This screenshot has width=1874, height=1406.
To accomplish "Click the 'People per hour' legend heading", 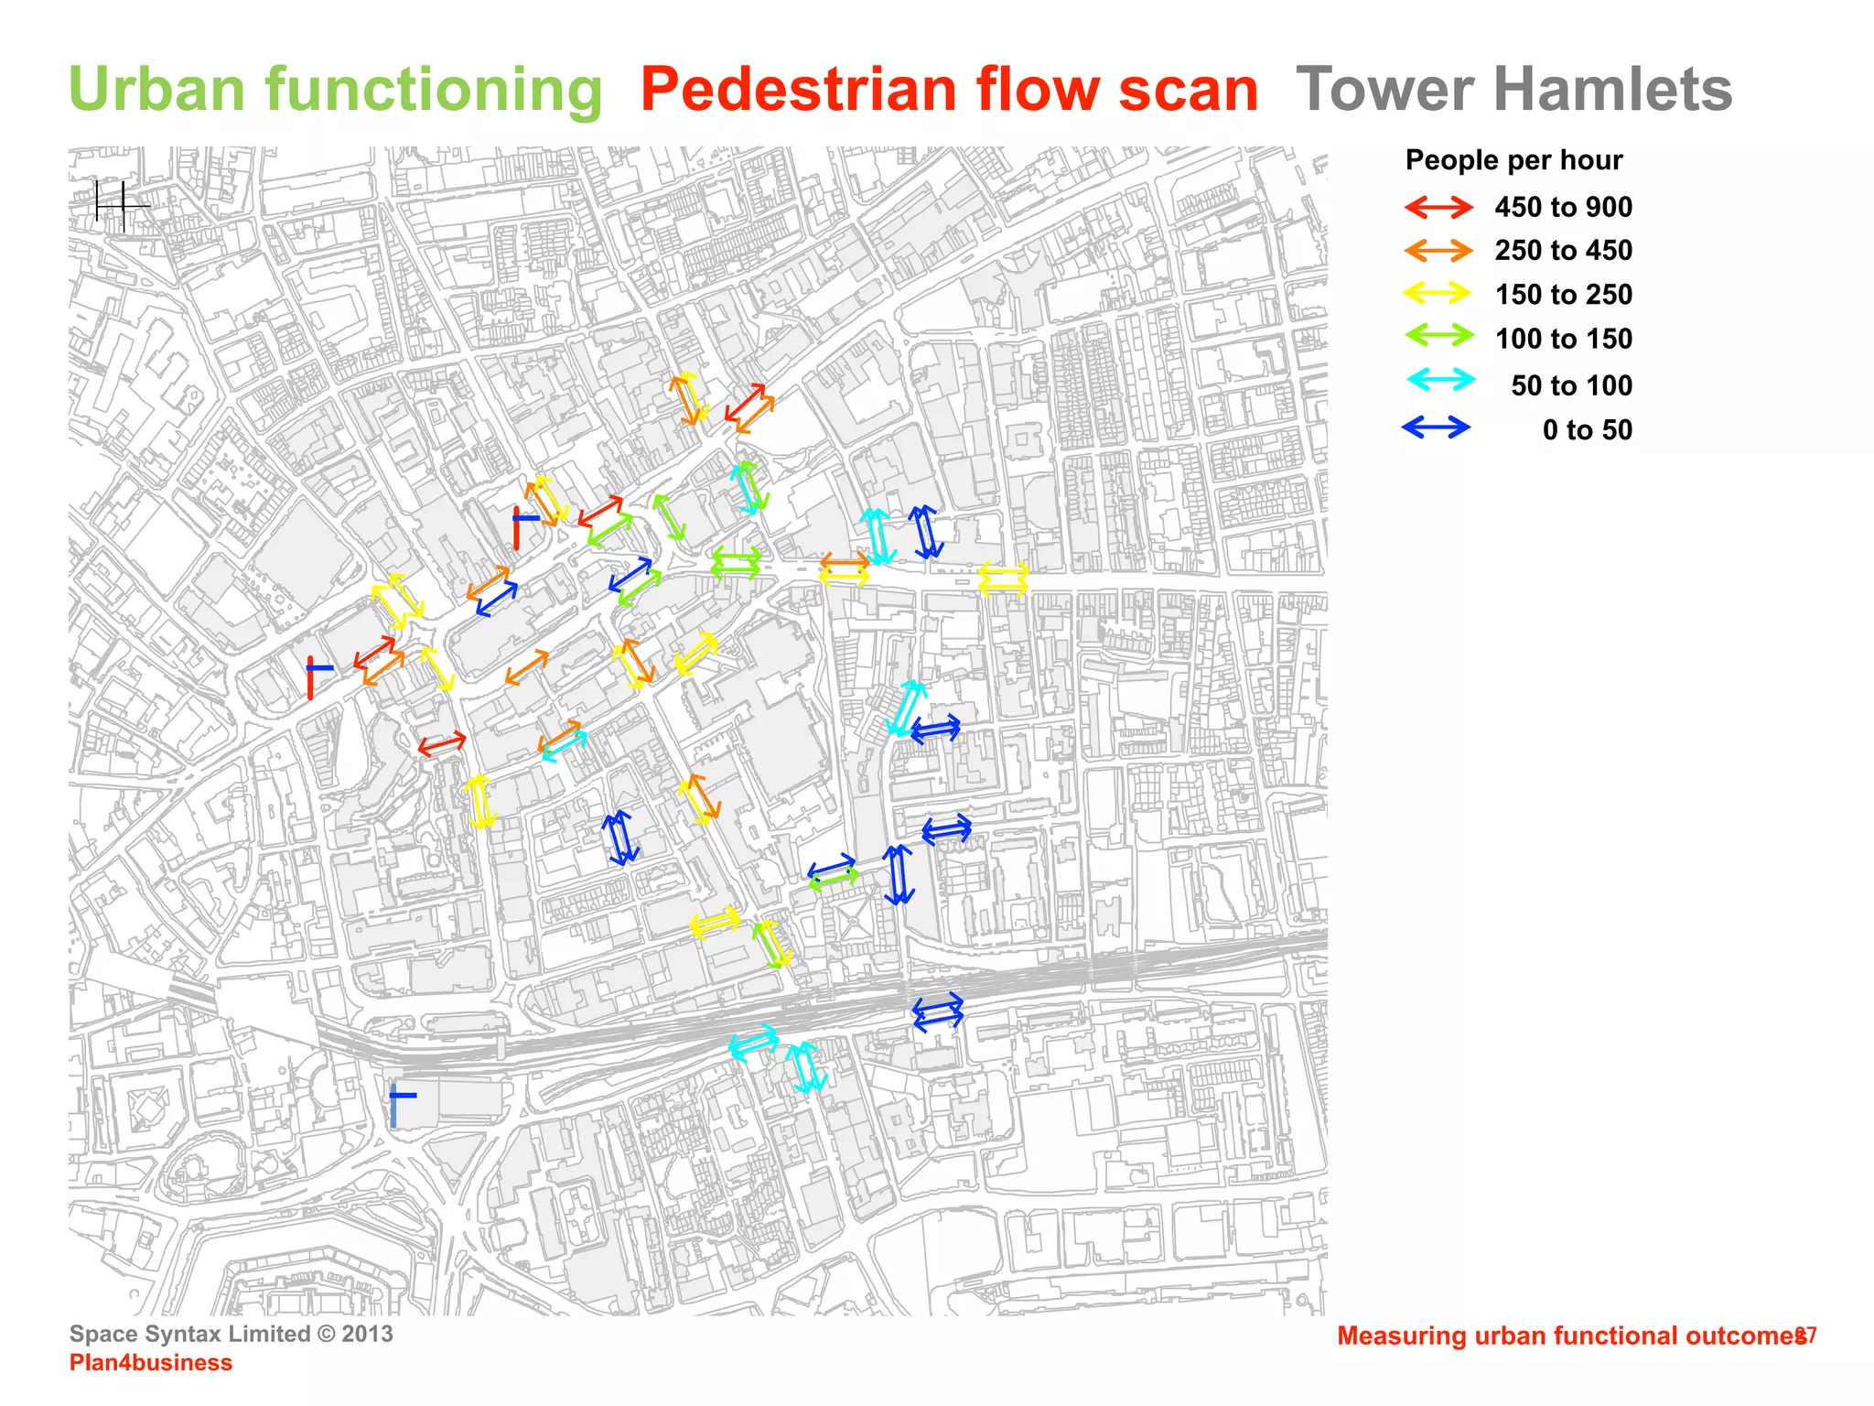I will pyautogui.click(x=1513, y=160).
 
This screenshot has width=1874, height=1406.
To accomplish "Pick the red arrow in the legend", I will pyautogui.click(x=1438, y=208).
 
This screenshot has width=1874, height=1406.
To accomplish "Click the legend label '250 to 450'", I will pyautogui.click(x=1563, y=251).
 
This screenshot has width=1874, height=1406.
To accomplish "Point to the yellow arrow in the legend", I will pyautogui.click(x=1438, y=294).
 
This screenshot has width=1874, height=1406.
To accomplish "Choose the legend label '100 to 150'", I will pyautogui.click(x=1563, y=340).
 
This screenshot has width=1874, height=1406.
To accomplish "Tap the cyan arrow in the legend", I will pyautogui.click(x=1440, y=380).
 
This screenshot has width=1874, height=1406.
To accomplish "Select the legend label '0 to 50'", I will pyautogui.click(x=1587, y=430).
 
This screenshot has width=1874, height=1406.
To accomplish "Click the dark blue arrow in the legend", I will pyautogui.click(x=1436, y=427).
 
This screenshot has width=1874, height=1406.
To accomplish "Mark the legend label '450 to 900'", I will pyautogui.click(x=1563, y=208).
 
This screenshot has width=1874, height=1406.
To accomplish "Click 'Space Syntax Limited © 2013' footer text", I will pyautogui.click(x=231, y=1334).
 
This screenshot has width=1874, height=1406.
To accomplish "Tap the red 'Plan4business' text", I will pyautogui.click(x=151, y=1363).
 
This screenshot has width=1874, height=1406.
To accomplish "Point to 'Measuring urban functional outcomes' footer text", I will pyautogui.click(x=1570, y=1336).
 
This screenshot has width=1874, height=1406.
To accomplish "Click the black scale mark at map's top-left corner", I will pyautogui.click(x=117, y=205).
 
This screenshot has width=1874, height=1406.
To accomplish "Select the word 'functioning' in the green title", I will pyautogui.click(x=434, y=90).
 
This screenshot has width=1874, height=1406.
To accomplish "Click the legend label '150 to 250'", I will pyautogui.click(x=1563, y=295).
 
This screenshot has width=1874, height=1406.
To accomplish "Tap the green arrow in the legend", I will pyautogui.click(x=1438, y=336).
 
